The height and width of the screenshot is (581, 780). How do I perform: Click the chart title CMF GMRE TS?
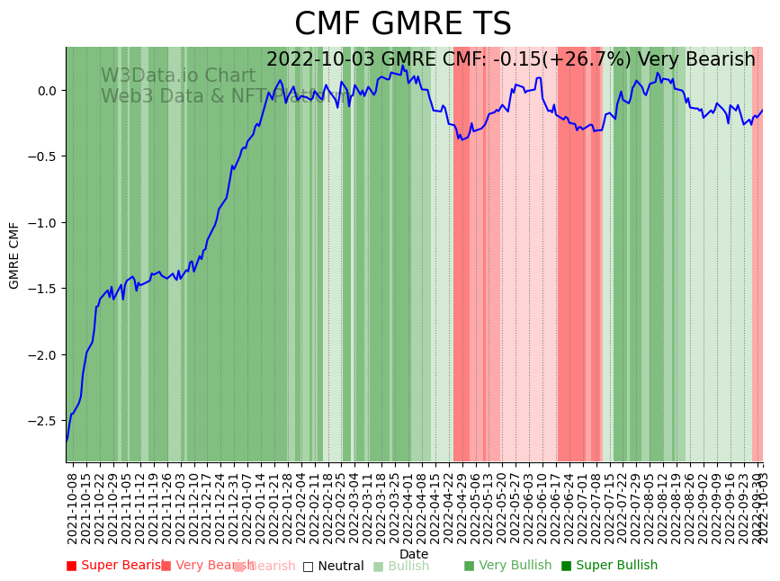402,24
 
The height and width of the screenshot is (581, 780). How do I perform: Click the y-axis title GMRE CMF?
14,255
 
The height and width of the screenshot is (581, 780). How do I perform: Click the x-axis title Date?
414,554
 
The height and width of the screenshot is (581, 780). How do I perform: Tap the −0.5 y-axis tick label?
41,156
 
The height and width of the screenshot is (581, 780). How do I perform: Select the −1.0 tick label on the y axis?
41,223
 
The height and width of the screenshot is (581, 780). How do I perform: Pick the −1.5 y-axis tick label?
41,289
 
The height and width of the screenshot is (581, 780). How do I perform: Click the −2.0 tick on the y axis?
41,355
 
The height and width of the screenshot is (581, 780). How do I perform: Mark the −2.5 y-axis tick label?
41,421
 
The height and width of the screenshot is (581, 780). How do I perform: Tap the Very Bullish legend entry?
507,566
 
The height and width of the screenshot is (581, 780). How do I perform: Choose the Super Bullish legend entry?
609,566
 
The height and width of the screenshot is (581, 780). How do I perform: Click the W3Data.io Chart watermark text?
178,76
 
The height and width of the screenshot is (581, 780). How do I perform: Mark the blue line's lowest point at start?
67,441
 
